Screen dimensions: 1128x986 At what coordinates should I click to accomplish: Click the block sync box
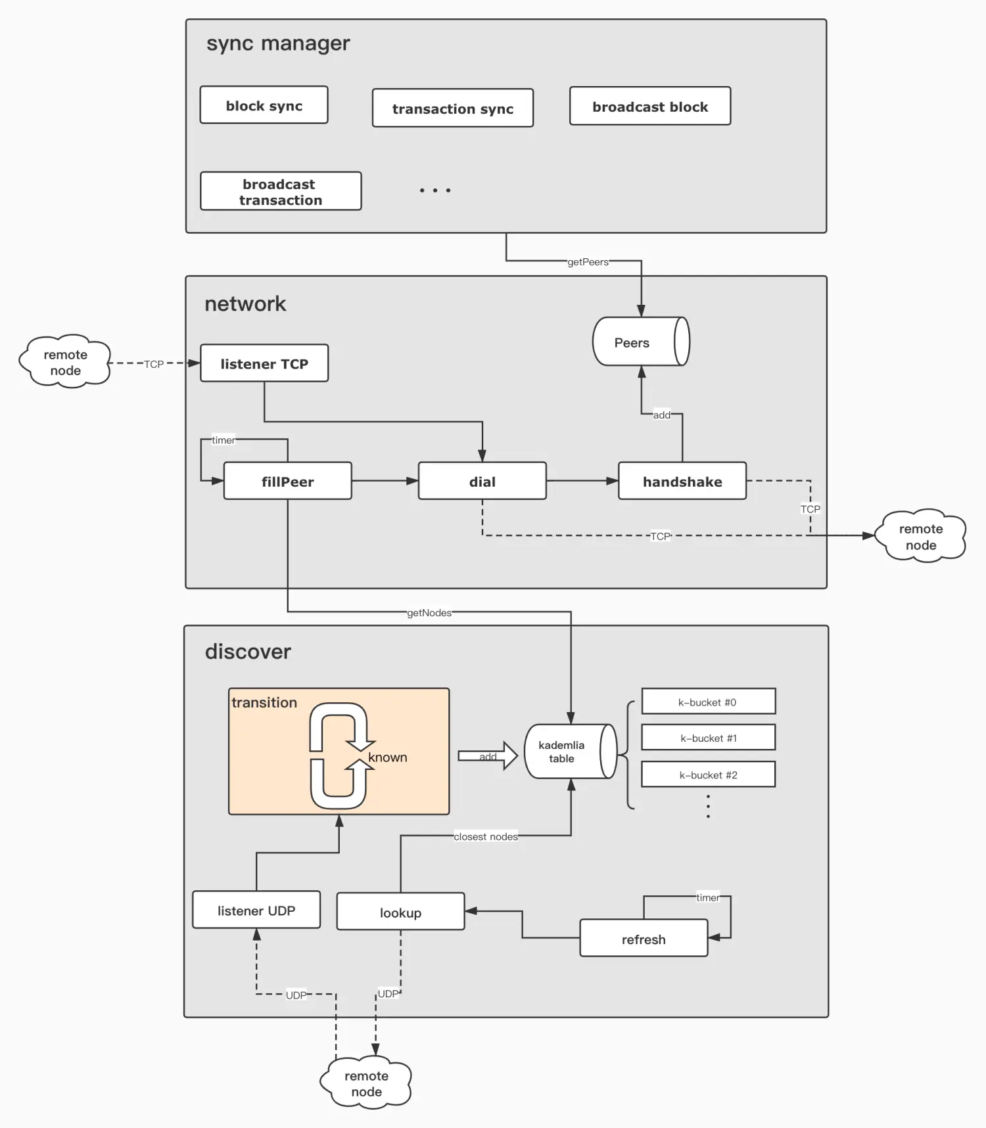click(264, 105)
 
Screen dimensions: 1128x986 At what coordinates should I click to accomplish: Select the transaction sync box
click(452, 108)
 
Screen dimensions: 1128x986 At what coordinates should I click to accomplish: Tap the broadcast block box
click(649, 106)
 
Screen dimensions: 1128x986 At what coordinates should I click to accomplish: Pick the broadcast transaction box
click(281, 192)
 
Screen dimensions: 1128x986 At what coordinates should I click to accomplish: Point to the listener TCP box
click(264, 363)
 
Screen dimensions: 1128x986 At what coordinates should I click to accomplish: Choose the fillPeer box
click(287, 482)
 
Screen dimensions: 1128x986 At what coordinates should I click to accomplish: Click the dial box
click(482, 482)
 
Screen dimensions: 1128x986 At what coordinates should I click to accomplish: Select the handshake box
click(682, 482)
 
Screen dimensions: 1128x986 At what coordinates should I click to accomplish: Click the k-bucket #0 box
click(708, 702)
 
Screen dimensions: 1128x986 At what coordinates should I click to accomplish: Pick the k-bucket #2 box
click(708, 775)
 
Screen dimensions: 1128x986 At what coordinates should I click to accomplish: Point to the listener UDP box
click(256, 911)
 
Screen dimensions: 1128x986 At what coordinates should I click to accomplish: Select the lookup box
click(400, 912)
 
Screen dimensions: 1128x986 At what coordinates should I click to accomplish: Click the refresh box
click(643, 939)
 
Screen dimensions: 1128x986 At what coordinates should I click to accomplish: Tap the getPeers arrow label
click(588, 262)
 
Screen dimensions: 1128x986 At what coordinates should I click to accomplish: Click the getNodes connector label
click(429, 613)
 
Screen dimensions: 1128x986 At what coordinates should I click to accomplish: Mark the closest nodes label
click(486, 837)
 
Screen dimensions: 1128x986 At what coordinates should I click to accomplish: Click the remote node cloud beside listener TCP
click(65, 362)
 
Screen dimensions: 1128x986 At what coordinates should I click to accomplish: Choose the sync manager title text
click(278, 43)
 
